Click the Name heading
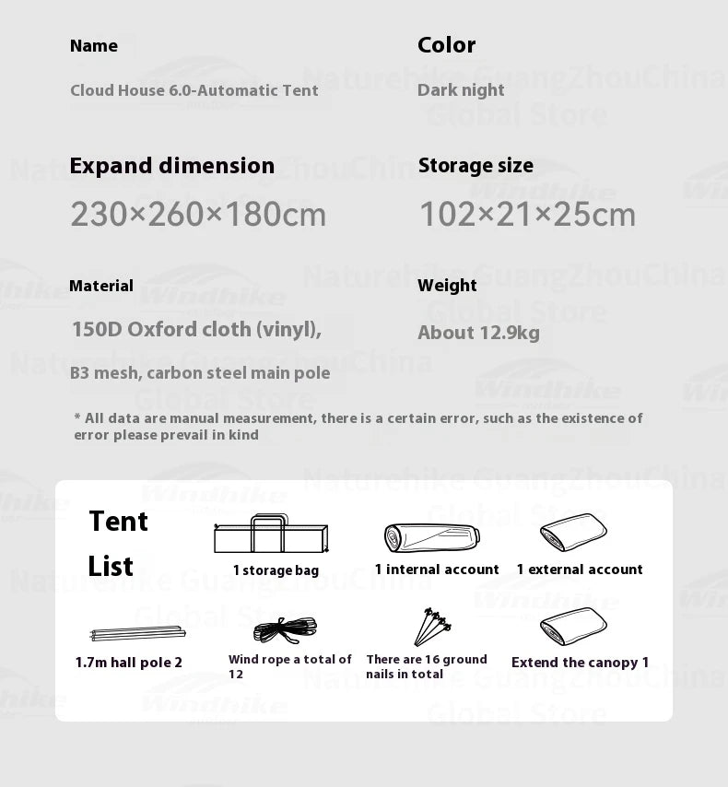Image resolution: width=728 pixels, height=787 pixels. pyautogui.click(x=94, y=46)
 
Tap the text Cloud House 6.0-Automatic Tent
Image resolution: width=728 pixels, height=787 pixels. pyautogui.click(x=194, y=90)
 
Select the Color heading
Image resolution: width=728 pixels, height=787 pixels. pyautogui.click(x=447, y=45)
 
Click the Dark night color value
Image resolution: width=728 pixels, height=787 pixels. pyautogui.click(x=461, y=90)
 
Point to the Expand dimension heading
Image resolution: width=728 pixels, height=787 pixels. pyautogui.click(x=172, y=166)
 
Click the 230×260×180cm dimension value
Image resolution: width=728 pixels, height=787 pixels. pyautogui.click(x=198, y=215)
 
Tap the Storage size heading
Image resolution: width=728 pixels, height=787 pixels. pyautogui.click(x=476, y=166)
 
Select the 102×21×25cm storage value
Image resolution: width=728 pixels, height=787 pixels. pyautogui.click(x=527, y=215)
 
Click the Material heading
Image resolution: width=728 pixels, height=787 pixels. pyautogui.click(x=101, y=286)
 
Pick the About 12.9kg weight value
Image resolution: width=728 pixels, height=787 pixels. pyautogui.click(x=478, y=333)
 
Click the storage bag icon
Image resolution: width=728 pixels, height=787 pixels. pyautogui.click(x=271, y=534)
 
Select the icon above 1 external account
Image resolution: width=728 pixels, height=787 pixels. pyautogui.click(x=573, y=533)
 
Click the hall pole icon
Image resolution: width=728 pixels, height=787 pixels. pyautogui.click(x=137, y=633)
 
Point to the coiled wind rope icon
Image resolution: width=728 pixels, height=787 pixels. pyautogui.click(x=286, y=630)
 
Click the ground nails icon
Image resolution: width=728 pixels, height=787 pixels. pyautogui.click(x=431, y=627)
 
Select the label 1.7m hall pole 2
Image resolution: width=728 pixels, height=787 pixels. pyautogui.click(x=129, y=663)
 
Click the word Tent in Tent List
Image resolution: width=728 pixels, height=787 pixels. pyautogui.click(x=118, y=522)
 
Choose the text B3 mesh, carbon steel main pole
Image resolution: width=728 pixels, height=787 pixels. pyautogui.click(x=200, y=373)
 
